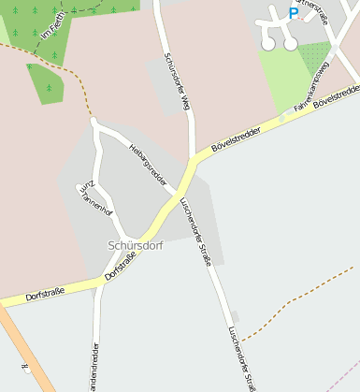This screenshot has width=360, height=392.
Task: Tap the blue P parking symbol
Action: point(293,13)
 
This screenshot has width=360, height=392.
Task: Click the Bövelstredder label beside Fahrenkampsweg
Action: point(338,96)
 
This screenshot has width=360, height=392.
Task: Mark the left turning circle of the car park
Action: point(268,44)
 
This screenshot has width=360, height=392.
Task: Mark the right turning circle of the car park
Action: point(291,43)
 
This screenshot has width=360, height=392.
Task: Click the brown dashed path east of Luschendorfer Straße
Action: point(299,308)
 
